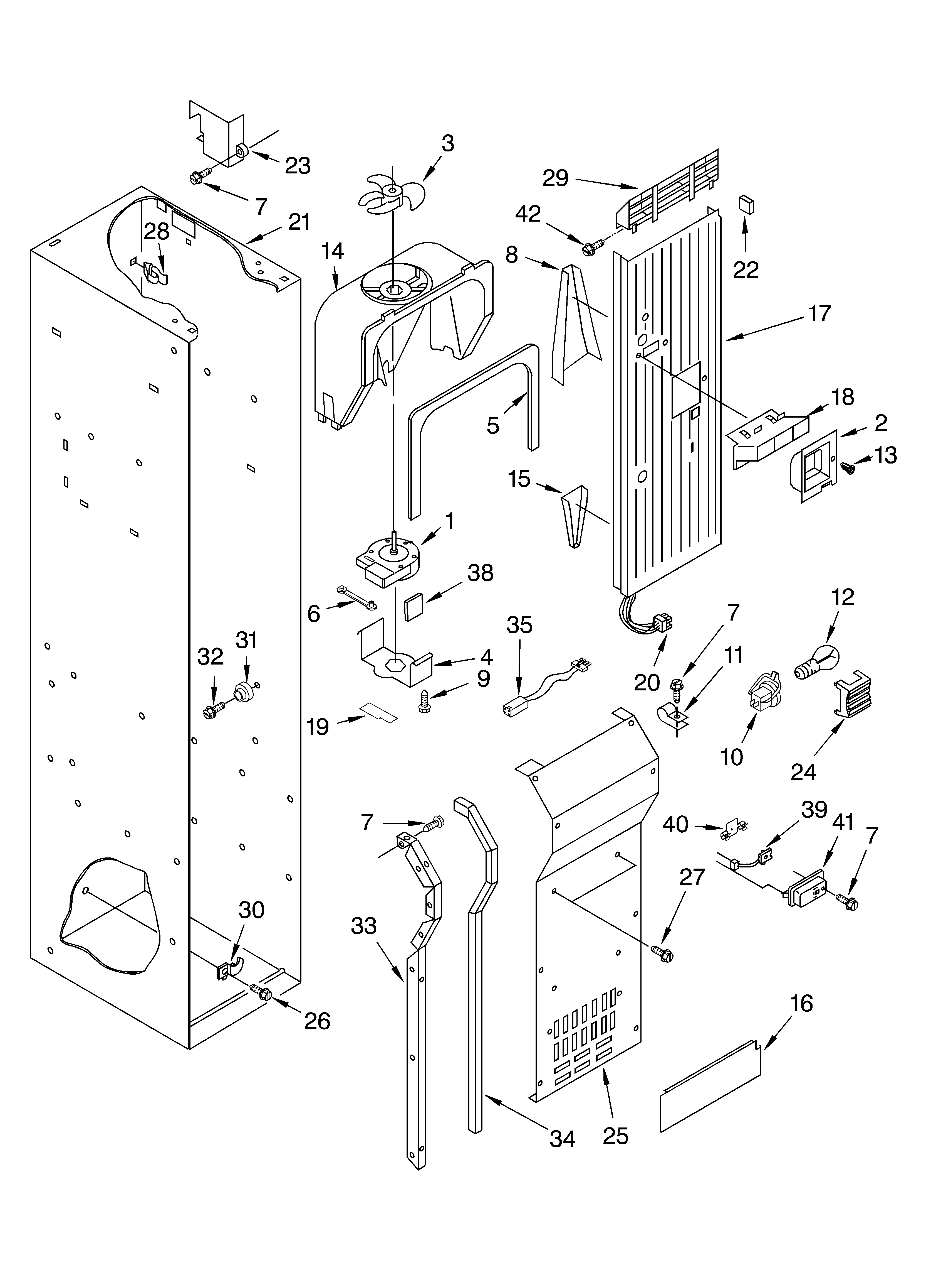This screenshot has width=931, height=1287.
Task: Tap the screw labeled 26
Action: [261, 992]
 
